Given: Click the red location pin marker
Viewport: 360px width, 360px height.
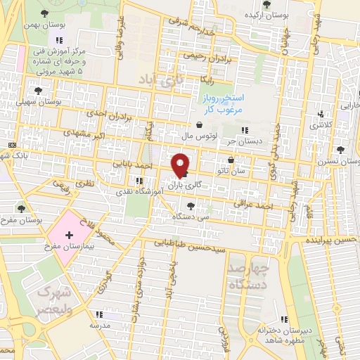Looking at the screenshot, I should pyautogui.click(x=180, y=165).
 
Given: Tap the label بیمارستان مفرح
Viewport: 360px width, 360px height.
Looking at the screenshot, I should pyautogui.click(x=63, y=247).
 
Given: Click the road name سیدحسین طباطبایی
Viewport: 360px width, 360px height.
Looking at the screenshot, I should pyautogui.click(x=191, y=247).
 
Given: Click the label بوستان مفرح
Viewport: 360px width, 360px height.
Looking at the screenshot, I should pyautogui.click(x=22, y=220).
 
